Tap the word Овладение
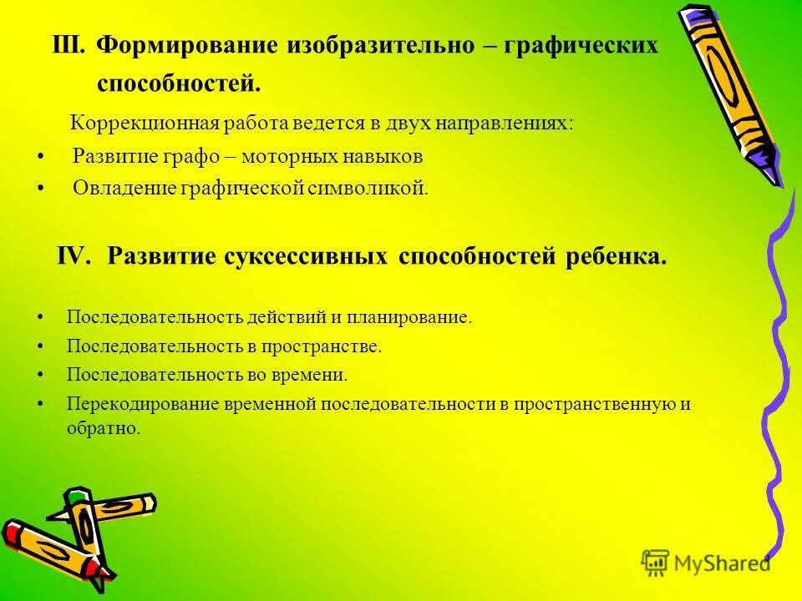(123, 189)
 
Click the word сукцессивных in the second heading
(307, 256)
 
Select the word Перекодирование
(143, 404)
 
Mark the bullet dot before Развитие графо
(42, 157)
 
